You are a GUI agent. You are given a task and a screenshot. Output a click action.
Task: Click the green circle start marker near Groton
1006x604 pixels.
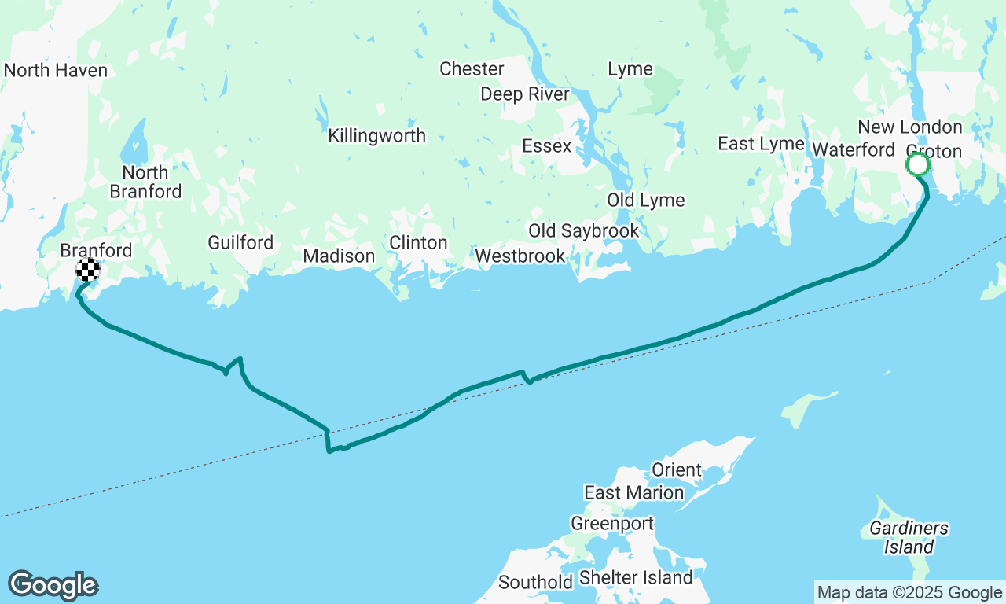coord(917,165)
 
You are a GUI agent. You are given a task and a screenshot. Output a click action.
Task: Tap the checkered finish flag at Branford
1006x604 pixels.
coord(88,270)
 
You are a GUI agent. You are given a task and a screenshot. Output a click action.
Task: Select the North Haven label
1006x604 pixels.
coord(55,71)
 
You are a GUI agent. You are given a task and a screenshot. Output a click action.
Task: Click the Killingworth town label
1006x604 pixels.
coord(376,136)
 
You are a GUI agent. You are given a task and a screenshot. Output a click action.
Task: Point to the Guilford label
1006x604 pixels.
coord(240,243)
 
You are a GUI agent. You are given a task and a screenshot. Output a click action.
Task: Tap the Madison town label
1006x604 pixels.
coord(339,256)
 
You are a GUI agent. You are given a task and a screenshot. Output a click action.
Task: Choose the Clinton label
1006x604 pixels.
coord(418,243)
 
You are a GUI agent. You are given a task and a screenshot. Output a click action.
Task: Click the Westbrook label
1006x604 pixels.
coord(520,256)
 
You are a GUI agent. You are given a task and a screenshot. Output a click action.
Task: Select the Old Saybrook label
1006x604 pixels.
coord(583,231)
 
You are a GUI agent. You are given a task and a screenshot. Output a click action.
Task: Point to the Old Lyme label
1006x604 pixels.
coord(645,201)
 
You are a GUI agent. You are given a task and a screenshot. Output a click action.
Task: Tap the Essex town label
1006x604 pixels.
coord(546,146)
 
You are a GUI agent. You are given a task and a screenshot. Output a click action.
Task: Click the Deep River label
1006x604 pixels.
coord(524,94)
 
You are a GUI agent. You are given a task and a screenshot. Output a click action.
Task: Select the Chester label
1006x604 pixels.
coord(472,69)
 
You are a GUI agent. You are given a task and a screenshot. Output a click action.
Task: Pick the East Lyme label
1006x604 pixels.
coord(760,144)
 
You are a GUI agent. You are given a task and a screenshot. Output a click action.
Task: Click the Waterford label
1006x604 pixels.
coord(853,149)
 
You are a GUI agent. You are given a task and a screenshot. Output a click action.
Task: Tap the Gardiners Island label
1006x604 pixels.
coord(909,538)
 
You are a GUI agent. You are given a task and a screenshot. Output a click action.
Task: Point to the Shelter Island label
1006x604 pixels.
coord(635,578)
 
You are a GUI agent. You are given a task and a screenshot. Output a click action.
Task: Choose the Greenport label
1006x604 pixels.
coord(611,524)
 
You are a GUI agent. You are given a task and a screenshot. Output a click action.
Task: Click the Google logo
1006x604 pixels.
coord(53,586)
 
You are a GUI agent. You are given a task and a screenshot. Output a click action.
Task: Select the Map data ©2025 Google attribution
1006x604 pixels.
coord(909,593)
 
